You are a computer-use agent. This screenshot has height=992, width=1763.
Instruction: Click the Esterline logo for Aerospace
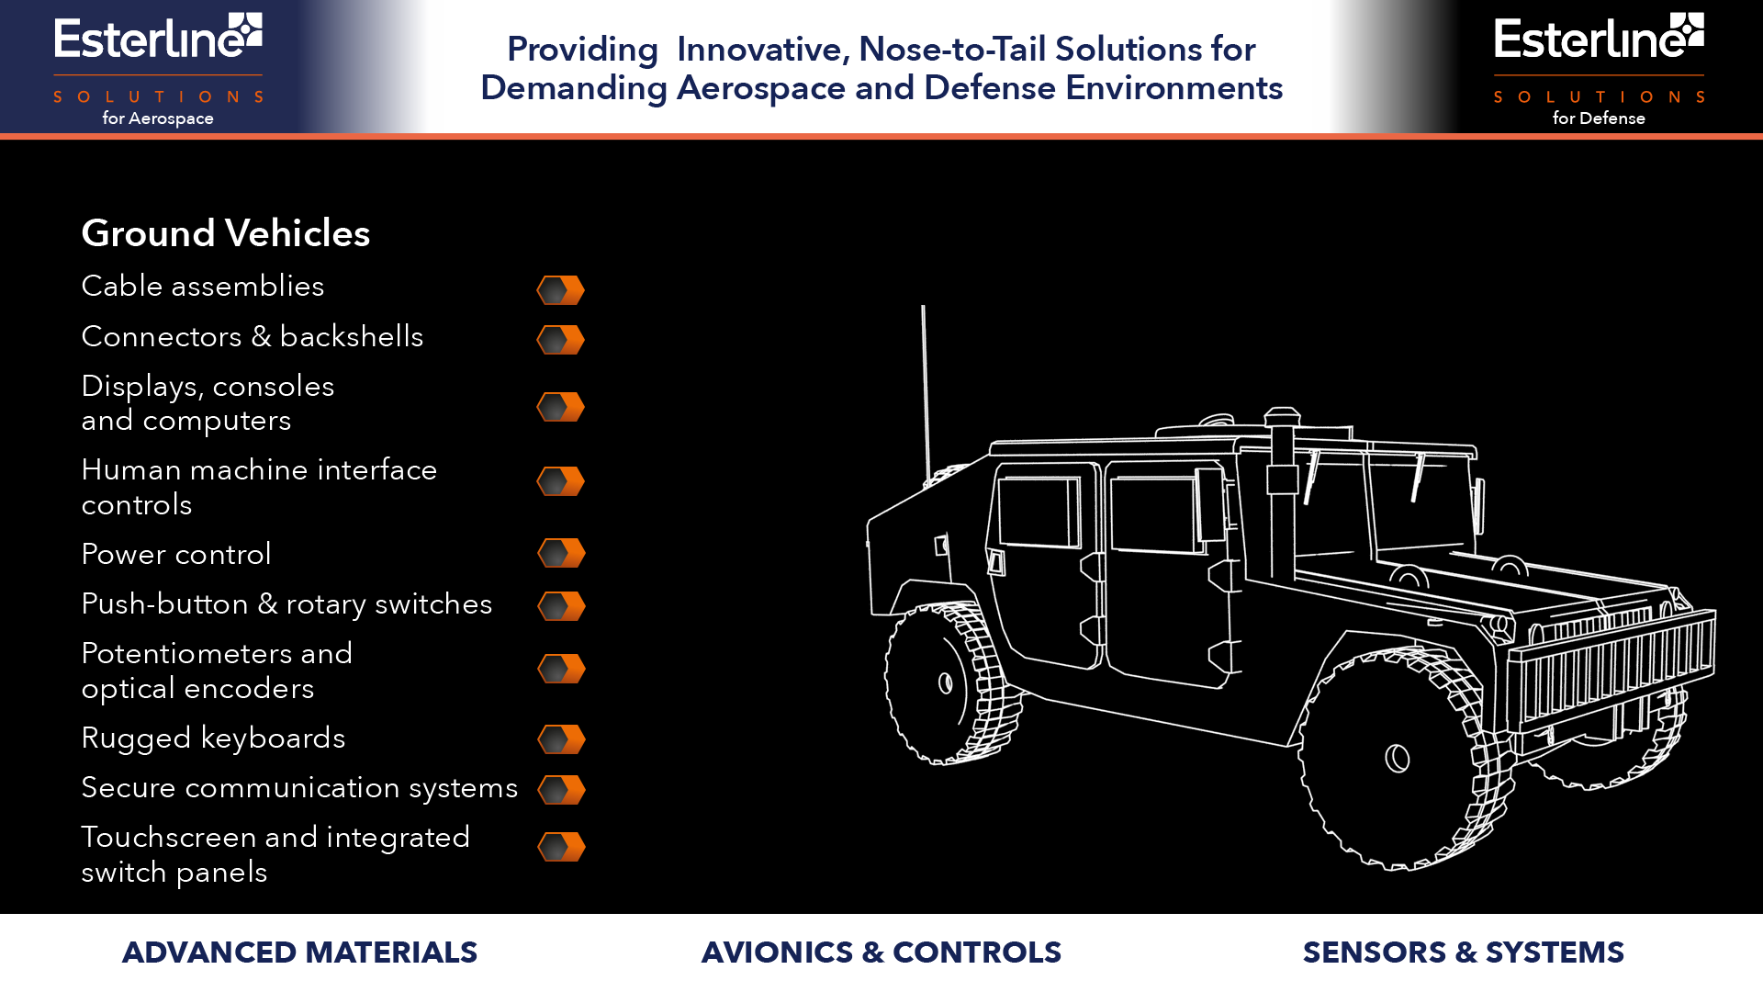pyautogui.click(x=158, y=69)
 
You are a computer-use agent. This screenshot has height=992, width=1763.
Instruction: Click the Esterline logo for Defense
pyautogui.click(x=1599, y=69)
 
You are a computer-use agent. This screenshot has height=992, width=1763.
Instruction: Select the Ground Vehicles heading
pyautogui.click(x=226, y=233)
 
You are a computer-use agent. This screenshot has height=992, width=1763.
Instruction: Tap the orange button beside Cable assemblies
pyautogui.click(x=561, y=290)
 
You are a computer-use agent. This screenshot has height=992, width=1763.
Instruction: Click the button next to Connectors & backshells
pyautogui.click(x=561, y=340)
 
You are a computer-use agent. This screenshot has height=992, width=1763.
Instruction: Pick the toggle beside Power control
pyautogui.click(x=561, y=553)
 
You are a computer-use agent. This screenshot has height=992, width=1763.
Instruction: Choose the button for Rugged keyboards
pyautogui.click(x=561, y=739)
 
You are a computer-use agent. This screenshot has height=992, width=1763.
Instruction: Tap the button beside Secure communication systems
pyautogui.click(x=561, y=790)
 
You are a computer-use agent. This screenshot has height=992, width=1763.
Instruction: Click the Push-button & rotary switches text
pyautogui.click(x=286, y=604)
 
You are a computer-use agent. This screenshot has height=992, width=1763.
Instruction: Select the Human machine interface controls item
pyautogui.click(x=259, y=487)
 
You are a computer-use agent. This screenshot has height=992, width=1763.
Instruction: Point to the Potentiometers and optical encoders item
pyautogui.click(x=217, y=671)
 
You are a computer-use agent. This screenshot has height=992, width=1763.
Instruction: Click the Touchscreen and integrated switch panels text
pyautogui.click(x=275, y=854)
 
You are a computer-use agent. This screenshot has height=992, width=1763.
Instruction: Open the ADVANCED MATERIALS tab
pyautogui.click(x=299, y=953)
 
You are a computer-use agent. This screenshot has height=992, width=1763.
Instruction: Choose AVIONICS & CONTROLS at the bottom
pyautogui.click(x=881, y=953)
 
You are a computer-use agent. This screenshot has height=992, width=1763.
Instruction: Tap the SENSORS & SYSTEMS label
pyautogui.click(x=1464, y=953)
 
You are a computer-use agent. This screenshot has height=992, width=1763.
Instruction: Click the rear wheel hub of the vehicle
pyautogui.click(x=945, y=682)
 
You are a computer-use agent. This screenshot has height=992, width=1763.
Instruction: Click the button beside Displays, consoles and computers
pyautogui.click(x=561, y=407)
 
